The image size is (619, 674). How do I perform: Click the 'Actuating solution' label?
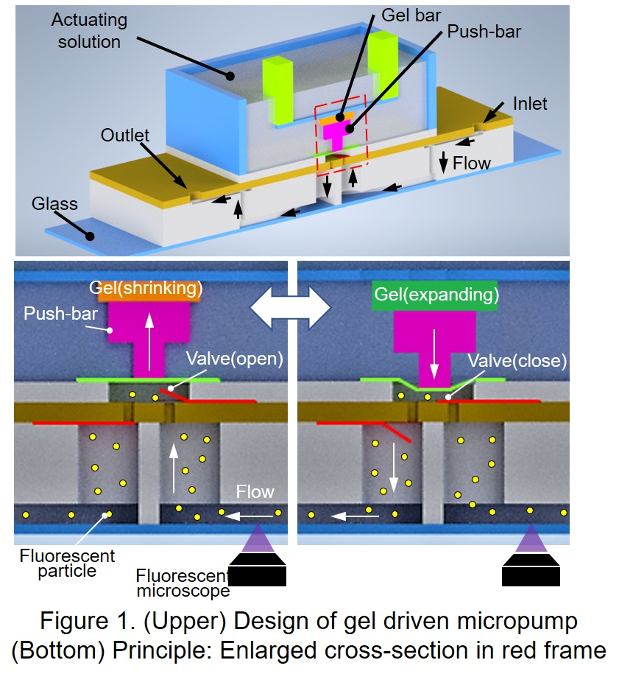[x=89, y=32]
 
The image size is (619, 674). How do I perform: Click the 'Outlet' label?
[x=125, y=136]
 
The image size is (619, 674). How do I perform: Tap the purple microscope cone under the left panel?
[x=257, y=539]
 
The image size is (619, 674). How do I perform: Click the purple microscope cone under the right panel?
[x=530, y=539]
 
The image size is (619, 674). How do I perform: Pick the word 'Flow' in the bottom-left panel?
[x=254, y=491]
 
